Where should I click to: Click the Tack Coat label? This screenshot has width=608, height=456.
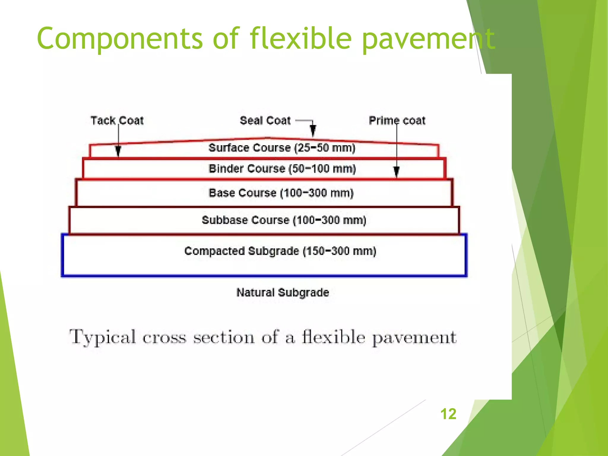click(x=117, y=121)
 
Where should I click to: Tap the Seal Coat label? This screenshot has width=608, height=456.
click(x=265, y=121)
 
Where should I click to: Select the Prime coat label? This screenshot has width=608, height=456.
click(x=397, y=121)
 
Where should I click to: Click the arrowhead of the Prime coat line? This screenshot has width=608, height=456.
click(x=396, y=171)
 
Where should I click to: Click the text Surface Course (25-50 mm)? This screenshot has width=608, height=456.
click(x=282, y=148)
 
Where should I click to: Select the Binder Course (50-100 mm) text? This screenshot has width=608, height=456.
click(x=282, y=169)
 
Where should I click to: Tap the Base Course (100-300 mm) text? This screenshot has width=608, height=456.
click(x=281, y=193)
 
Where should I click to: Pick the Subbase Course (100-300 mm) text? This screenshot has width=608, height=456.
click(x=284, y=220)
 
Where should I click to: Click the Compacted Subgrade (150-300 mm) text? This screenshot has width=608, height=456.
click(x=280, y=251)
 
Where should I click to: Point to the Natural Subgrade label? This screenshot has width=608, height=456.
click(x=283, y=292)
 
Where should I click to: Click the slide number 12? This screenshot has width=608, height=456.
click(x=448, y=414)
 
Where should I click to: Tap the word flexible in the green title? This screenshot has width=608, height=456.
click(x=300, y=39)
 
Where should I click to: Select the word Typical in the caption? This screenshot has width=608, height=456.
click(x=103, y=338)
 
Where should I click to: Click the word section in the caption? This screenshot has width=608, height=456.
click(x=224, y=338)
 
